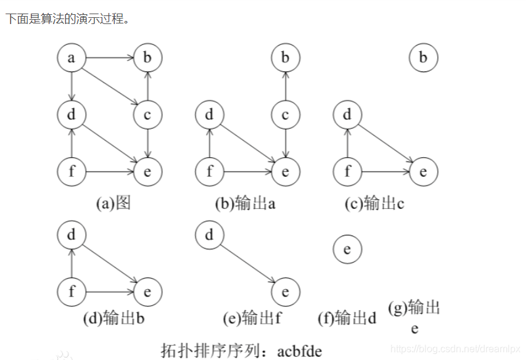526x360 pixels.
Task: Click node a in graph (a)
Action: (x=72, y=59)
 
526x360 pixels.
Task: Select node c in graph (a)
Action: (x=147, y=115)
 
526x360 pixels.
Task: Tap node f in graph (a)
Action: (x=72, y=171)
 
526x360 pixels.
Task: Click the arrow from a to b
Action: (x=109, y=59)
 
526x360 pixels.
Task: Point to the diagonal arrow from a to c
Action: (x=110, y=87)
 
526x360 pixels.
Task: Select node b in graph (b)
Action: (x=285, y=59)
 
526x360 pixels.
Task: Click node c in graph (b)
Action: (x=285, y=115)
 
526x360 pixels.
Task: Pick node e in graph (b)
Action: (x=285, y=171)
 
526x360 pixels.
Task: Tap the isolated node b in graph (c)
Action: (x=423, y=59)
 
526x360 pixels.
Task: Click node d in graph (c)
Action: (x=347, y=115)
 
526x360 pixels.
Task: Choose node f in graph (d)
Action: (x=72, y=291)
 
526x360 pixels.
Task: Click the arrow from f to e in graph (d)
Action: (x=109, y=291)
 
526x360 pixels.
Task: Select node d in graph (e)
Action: (x=210, y=235)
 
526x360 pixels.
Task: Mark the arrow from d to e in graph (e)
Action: (x=247, y=263)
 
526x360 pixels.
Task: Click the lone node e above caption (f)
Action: (x=347, y=250)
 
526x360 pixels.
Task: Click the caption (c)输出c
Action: (x=374, y=203)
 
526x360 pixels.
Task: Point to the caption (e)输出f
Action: (x=252, y=318)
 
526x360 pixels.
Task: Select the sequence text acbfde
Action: (x=299, y=351)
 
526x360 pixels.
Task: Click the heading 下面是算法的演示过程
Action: (x=68, y=18)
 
